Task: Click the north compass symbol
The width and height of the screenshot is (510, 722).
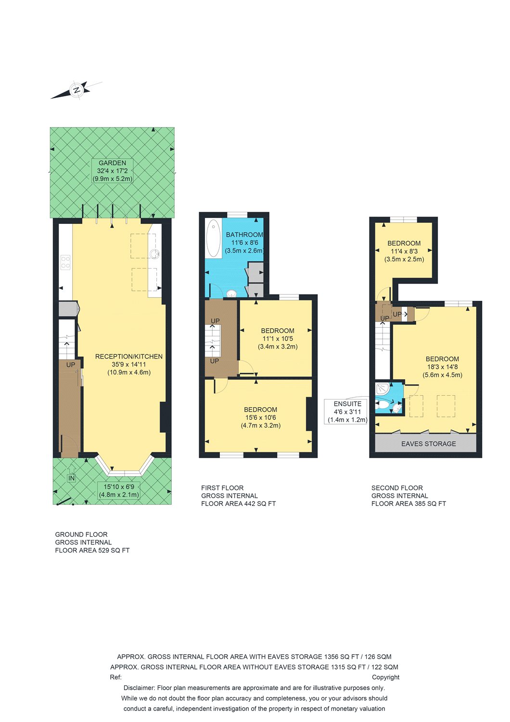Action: (x=76, y=90)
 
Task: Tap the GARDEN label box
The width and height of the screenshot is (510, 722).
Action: (x=113, y=171)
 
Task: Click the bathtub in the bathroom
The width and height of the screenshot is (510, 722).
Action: (x=213, y=238)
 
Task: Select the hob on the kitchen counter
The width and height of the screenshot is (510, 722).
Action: (x=65, y=262)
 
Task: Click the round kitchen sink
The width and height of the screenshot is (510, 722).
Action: (x=154, y=254)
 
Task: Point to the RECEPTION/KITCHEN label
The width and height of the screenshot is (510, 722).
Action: (x=129, y=364)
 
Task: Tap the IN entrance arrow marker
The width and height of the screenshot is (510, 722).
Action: (x=71, y=476)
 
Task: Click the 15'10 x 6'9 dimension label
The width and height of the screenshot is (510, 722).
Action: (x=119, y=490)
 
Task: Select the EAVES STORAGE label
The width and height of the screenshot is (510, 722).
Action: (x=428, y=444)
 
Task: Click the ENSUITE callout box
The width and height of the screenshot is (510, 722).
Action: (x=347, y=412)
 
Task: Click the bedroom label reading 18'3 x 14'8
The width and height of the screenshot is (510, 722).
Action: (x=442, y=367)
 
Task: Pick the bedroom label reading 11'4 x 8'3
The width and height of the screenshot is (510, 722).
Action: (x=404, y=251)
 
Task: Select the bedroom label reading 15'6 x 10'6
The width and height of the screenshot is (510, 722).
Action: (x=260, y=417)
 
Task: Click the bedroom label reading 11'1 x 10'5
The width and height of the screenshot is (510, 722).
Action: (x=278, y=338)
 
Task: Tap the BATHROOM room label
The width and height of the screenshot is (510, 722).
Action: (x=244, y=243)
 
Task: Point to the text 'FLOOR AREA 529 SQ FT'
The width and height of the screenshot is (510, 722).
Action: (x=92, y=550)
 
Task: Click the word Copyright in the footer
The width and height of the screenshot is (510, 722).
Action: (x=385, y=677)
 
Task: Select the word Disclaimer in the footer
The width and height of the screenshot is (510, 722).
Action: (x=139, y=688)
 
